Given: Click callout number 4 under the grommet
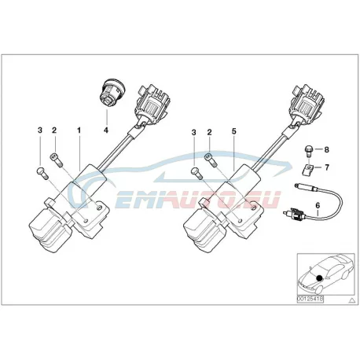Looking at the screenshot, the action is point(106,130).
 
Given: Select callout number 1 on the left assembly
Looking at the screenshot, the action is point(79,130).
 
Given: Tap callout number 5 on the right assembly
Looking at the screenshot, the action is point(234,131).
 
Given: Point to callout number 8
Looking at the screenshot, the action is point(326,149).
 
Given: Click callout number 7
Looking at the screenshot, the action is point(326,167).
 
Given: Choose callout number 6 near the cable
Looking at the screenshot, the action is point(318,206).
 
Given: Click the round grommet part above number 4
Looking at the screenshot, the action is point(112,93).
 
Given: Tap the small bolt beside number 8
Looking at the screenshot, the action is point(308,152).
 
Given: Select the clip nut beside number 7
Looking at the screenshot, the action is point(307,169).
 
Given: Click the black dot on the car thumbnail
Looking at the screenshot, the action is point(319,277).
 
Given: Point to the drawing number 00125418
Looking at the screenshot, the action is point(310,299).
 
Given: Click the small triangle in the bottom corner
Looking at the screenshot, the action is point(352,299).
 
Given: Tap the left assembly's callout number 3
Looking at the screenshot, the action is point(40,130).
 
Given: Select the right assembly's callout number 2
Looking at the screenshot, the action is point(209,132).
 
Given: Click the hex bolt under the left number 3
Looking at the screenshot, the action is point(42,173).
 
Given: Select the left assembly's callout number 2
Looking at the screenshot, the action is point(54,130).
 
